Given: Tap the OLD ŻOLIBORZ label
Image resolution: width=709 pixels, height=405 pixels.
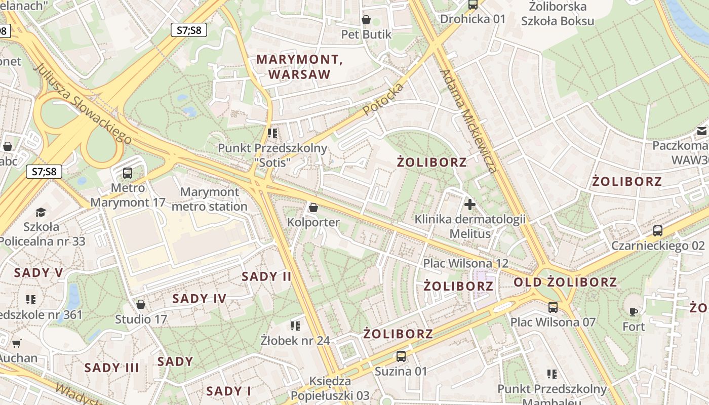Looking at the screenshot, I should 566,282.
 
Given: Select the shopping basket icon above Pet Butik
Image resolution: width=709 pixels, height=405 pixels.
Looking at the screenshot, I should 366,20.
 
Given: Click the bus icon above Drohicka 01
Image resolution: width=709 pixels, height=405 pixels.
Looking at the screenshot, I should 473,5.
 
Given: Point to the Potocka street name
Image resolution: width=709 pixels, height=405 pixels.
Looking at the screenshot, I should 383,99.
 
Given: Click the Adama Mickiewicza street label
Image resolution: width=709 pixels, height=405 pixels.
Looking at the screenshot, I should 469,121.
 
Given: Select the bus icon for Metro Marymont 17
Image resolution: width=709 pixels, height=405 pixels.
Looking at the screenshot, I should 128,173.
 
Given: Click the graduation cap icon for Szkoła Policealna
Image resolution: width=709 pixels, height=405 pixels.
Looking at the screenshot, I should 41,212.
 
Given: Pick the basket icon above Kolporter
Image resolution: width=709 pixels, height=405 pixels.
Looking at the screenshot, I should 313,208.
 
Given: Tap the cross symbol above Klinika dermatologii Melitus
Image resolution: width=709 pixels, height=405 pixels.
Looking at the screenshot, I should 470,205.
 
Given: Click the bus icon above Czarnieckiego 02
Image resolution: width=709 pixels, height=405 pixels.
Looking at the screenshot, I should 658,231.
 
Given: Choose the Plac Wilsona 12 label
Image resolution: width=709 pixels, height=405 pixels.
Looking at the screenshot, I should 465,263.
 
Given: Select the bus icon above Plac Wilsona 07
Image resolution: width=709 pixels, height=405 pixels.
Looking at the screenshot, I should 553,307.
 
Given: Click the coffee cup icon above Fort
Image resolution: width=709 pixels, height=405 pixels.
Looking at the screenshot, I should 634,311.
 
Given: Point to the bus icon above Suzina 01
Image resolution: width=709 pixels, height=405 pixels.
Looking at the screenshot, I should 401,356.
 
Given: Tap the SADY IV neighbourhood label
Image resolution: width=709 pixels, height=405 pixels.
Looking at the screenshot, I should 199,299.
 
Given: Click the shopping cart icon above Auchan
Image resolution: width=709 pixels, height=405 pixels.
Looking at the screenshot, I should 17,343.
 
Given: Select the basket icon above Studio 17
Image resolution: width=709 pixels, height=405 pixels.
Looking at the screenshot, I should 141,304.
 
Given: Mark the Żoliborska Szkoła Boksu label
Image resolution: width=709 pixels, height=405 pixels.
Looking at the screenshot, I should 558,14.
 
